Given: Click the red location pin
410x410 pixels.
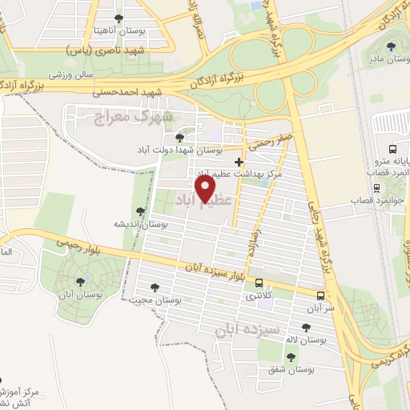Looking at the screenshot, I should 207,188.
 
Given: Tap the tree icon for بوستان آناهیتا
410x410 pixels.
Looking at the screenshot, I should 119,18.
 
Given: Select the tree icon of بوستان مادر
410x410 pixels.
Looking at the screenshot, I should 391,46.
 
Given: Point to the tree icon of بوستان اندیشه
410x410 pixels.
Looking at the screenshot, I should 140,211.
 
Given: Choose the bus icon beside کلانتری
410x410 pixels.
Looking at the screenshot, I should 259,282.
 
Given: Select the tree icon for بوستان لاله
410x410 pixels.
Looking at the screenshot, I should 306,326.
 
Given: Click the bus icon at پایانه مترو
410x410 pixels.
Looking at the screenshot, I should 392,149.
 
